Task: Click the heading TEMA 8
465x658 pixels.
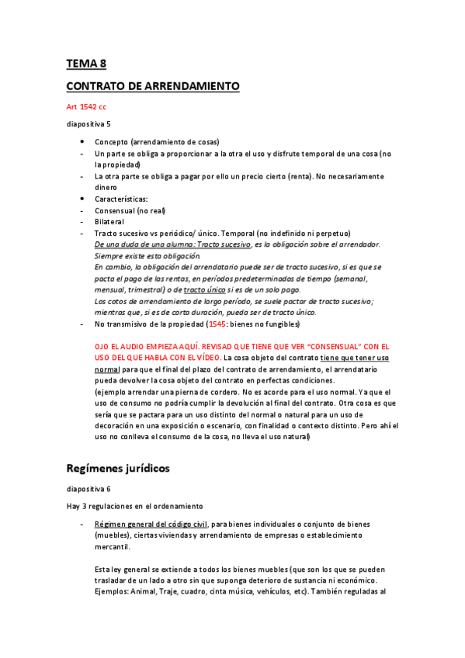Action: click(x=85, y=64)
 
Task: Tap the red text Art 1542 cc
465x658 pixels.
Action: click(x=85, y=106)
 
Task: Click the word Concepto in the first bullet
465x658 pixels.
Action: click(x=112, y=142)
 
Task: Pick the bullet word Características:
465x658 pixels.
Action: click(x=121, y=199)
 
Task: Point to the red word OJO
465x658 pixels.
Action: click(x=102, y=346)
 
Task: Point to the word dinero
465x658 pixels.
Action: click(x=106, y=187)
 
